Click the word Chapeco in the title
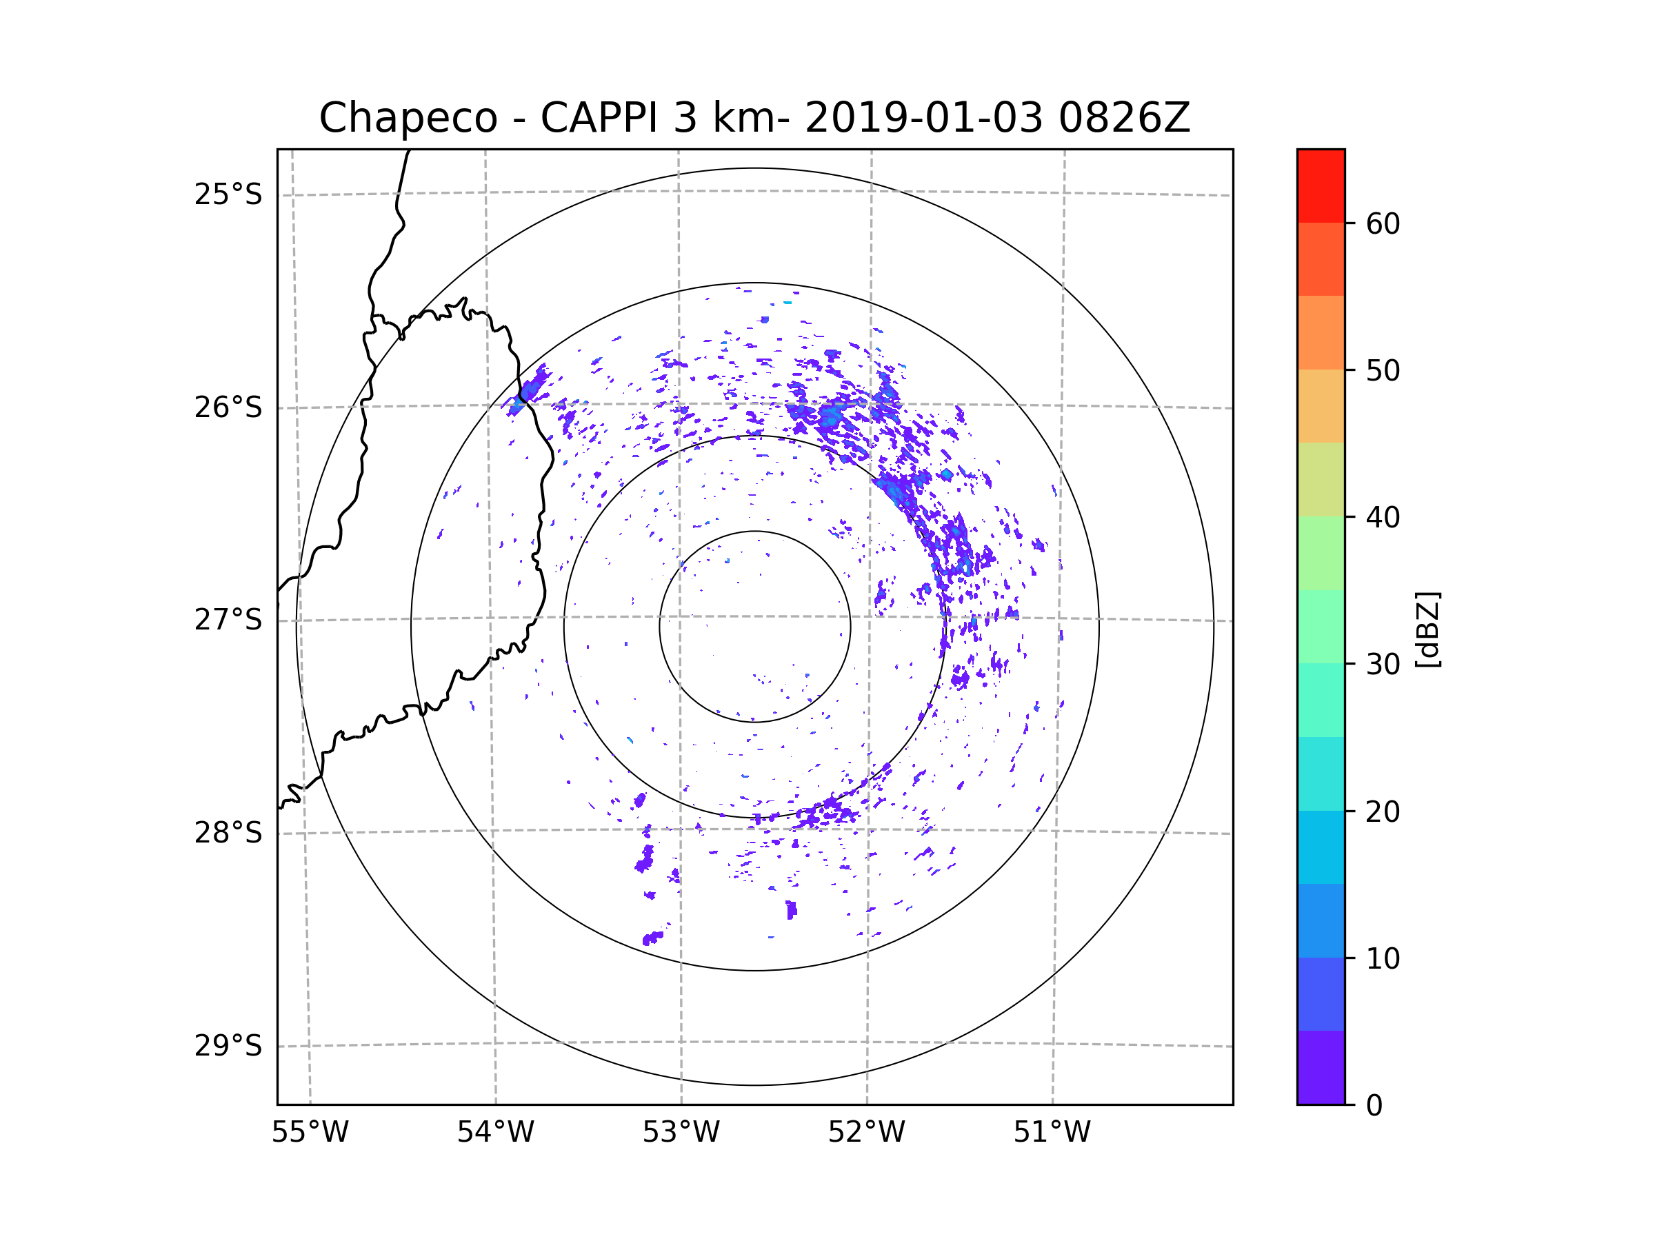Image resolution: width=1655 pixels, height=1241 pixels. (x=408, y=118)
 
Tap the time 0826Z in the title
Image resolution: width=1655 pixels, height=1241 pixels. (x=1123, y=118)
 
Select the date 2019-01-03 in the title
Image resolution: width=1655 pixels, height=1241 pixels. (x=923, y=118)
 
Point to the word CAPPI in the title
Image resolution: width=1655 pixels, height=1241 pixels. (x=599, y=118)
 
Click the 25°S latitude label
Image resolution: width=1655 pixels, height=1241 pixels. (x=228, y=194)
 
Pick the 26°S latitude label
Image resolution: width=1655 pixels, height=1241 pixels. (x=228, y=407)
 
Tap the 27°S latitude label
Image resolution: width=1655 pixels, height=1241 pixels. (x=228, y=620)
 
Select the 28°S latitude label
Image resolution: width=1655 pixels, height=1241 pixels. (x=228, y=833)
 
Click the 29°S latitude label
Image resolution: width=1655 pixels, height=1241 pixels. (x=228, y=1046)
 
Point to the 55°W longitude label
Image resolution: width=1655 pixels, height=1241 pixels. (x=310, y=1133)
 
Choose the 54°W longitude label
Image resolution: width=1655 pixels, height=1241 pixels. (x=495, y=1133)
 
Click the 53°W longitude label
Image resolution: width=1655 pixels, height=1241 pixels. (x=681, y=1133)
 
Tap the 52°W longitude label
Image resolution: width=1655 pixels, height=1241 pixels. (x=866, y=1133)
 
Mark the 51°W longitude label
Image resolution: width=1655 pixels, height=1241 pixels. (x=1052, y=1133)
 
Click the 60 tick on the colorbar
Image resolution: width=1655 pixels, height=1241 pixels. (x=1383, y=223)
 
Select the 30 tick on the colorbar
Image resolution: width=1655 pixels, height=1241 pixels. (x=1383, y=664)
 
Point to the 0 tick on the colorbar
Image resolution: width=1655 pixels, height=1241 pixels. (x=1374, y=1106)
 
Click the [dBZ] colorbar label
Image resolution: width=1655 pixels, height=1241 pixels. (x=1427, y=629)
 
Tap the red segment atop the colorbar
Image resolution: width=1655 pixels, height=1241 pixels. (x=1321, y=185)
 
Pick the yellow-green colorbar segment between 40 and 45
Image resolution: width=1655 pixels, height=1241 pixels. (x=1321, y=479)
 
